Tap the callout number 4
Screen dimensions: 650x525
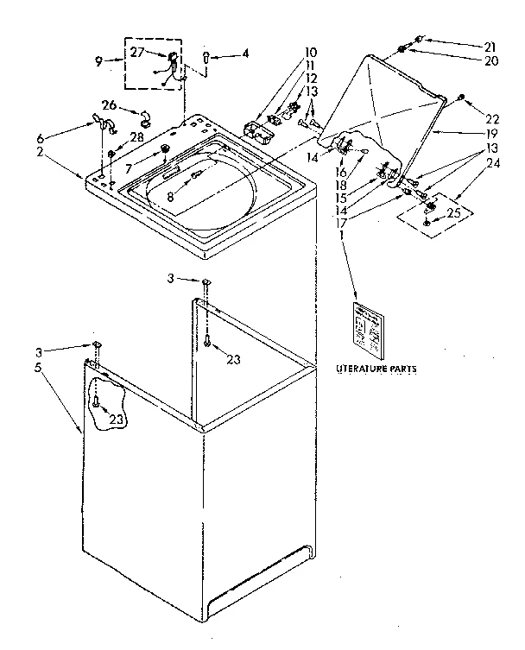tap(245, 54)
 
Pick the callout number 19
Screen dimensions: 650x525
tap(491, 135)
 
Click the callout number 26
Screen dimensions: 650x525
tap(109, 105)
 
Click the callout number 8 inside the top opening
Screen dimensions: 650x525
tap(171, 197)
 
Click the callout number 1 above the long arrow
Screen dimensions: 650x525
tap(342, 234)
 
